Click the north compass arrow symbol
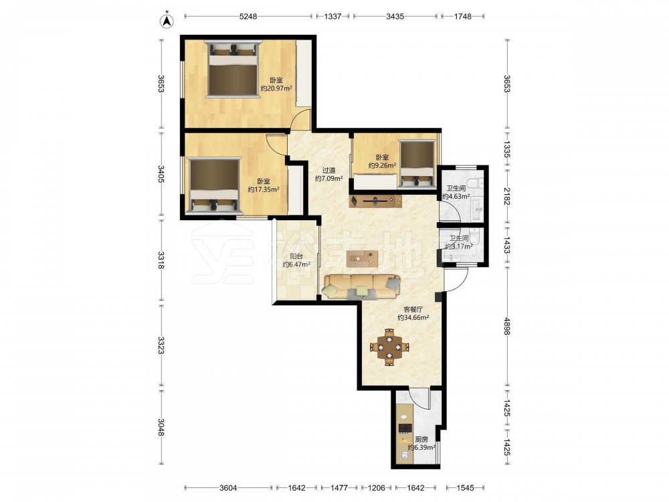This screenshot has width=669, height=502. (x=167, y=21)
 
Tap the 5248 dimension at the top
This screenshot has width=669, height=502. (x=248, y=16)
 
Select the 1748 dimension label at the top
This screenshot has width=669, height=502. (x=462, y=16)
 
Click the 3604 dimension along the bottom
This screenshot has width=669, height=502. (x=229, y=487)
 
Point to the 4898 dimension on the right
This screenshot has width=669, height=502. (x=507, y=326)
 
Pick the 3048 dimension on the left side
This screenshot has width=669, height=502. (x=161, y=427)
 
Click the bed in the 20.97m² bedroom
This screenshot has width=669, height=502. (x=233, y=69)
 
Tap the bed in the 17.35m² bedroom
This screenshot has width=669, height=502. (x=215, y=185)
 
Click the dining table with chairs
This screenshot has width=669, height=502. (x=389, y=347)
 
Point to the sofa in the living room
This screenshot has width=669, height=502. (x=362, y=286)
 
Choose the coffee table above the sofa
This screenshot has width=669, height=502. (x=362, y=258)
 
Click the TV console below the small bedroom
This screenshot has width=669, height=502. (x=375, y=201)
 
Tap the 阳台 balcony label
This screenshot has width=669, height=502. (x=296, y=256)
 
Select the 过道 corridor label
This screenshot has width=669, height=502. (x=328, y=170)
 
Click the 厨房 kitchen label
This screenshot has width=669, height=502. (x=421, y=439)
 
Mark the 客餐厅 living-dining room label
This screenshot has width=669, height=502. (x=413, y=309)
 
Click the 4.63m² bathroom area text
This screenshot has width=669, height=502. (x=456, y=197)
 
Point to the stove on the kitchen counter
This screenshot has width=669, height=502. (x=405, y=428)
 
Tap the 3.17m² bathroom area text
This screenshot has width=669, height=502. (x=459, y=246)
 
